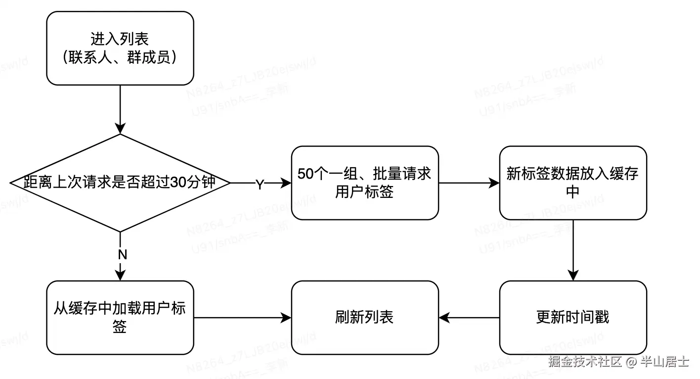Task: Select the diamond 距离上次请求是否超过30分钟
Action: tap(120, 183)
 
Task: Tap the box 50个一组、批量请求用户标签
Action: tap(364, 183)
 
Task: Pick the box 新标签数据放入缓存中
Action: tap(572, 183)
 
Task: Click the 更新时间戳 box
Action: tap(572, 317)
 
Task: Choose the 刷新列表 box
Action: tap(364, 317)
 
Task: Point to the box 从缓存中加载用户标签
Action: tap(120, 317)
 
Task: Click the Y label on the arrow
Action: tap(260, 184)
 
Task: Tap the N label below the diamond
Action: tap(122, 255)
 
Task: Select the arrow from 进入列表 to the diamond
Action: tap(120, 109)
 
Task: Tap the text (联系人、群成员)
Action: tap(120, 57)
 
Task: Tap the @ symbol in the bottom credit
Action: tap(630, 362)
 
